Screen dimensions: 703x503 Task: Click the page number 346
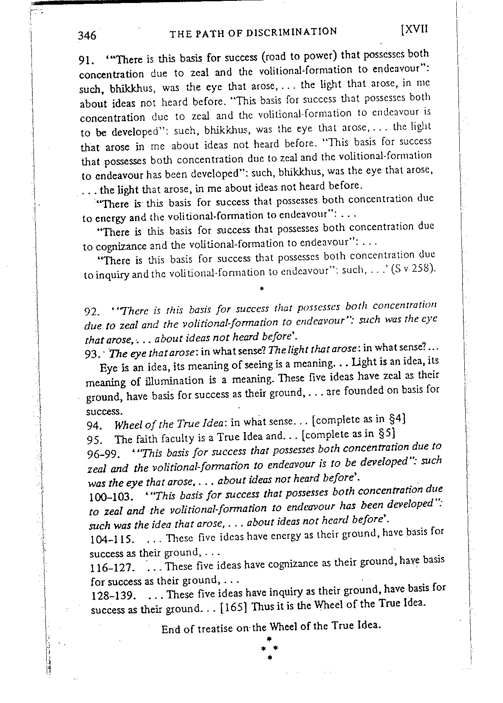87,35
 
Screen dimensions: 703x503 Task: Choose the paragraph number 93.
92,354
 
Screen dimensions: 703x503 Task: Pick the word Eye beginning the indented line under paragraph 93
107,367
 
